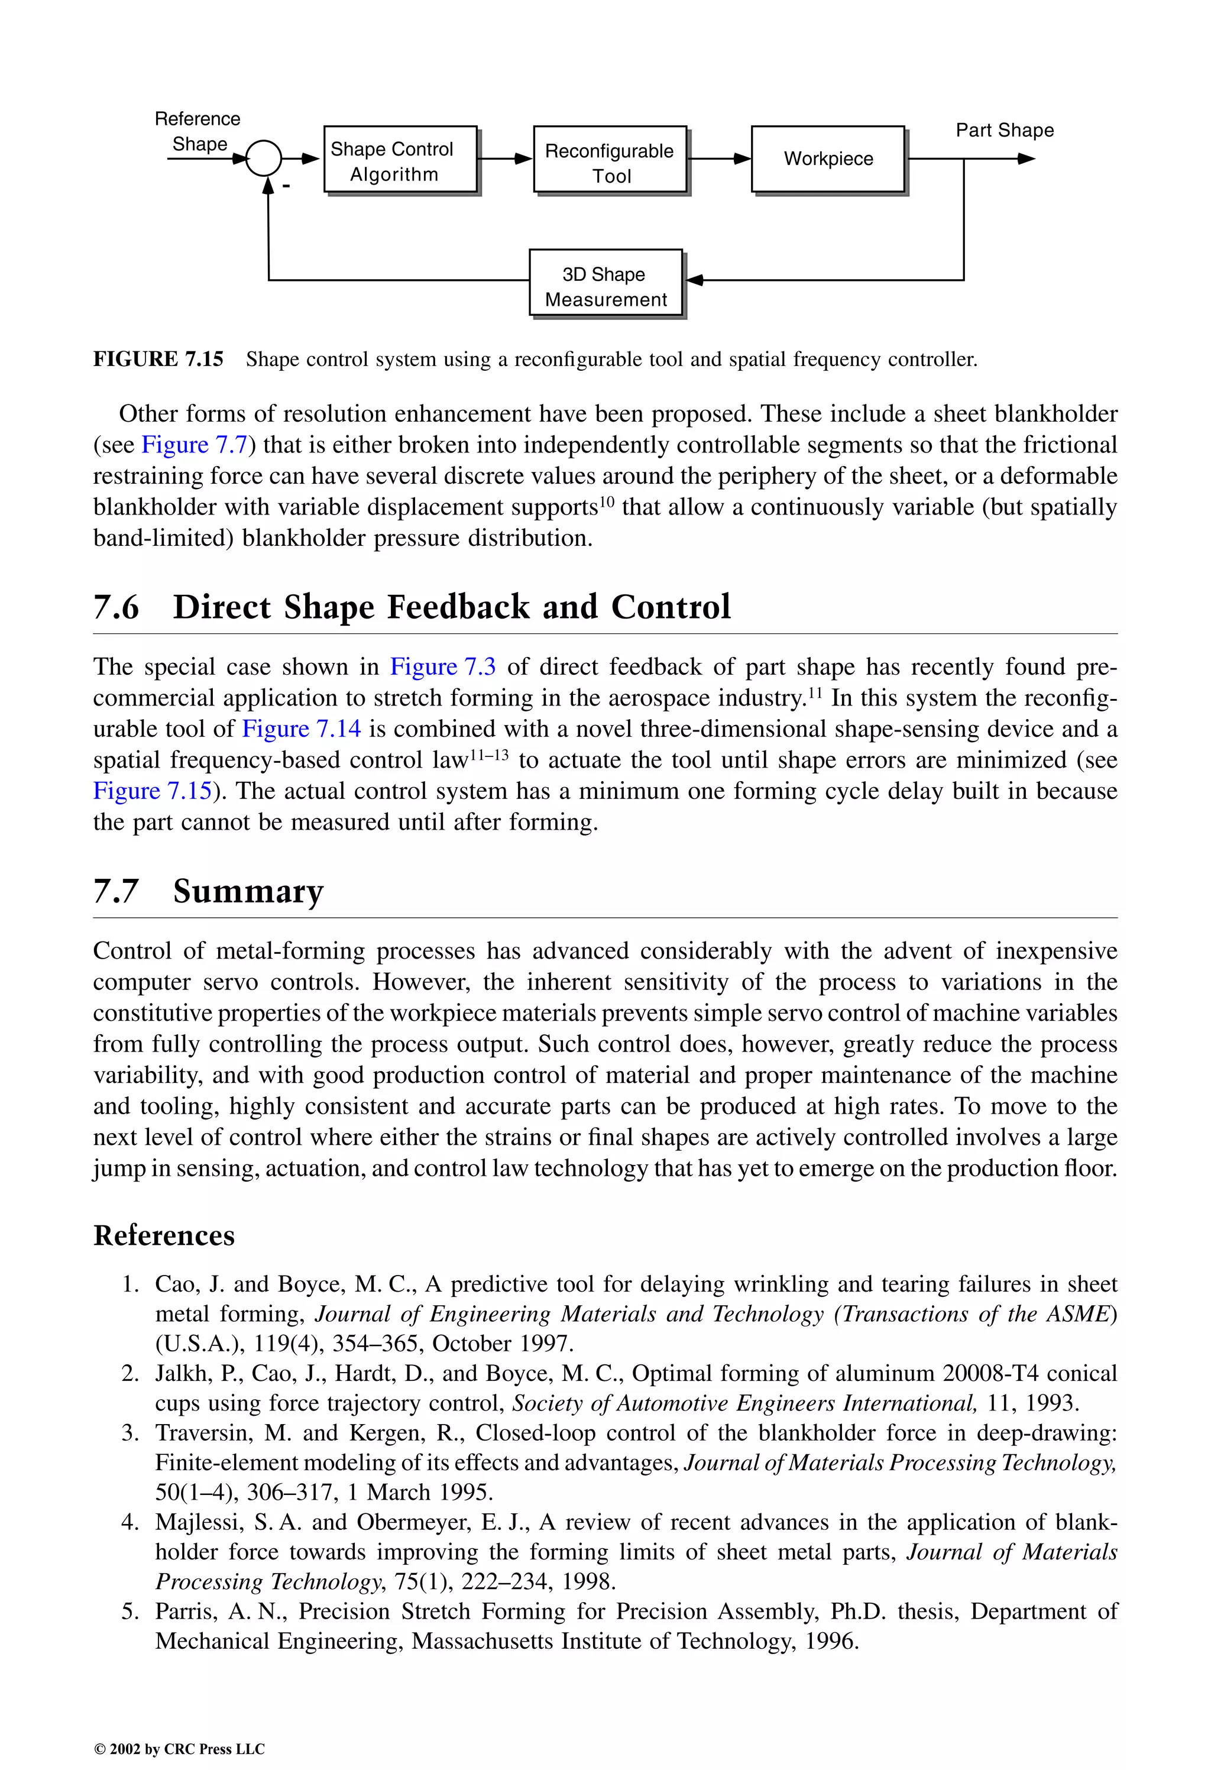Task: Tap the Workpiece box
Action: coord(828,159)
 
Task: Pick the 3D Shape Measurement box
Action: coord(605,282)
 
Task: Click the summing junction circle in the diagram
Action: coord(264,159)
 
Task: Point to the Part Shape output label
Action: coord(1004,130)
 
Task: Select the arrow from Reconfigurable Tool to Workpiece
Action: coord(719,159)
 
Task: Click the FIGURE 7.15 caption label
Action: coord(158,360)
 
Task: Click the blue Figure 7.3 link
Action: coord(442,667)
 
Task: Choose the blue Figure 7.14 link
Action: coord(301,729)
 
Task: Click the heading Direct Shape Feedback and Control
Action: coord(451,607)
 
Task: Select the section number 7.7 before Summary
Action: coord(116,891)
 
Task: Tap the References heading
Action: coord(164,1235)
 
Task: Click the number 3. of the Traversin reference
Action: coord(130,1432)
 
